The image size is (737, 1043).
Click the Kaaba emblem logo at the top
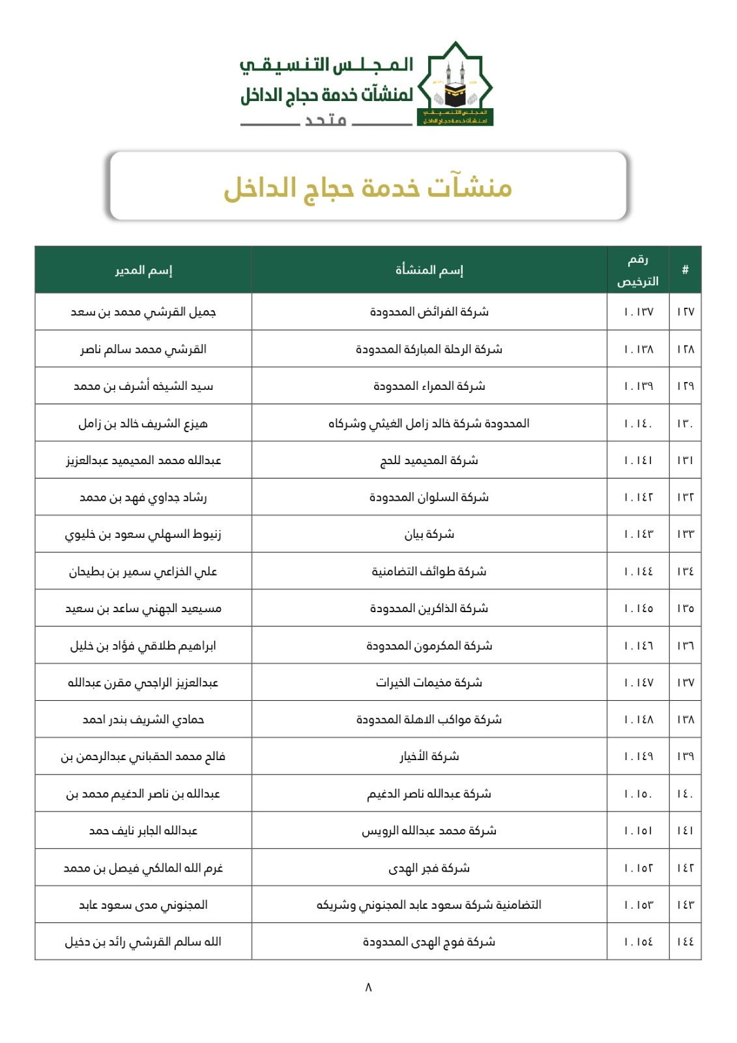coord(455,85)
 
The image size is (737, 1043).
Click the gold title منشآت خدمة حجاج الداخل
coord(368,188)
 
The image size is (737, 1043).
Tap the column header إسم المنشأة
coord(429,270)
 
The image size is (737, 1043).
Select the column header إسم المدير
coord(143,270)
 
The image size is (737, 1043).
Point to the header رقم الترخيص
coord(638,270)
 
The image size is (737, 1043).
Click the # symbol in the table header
coord(685,270)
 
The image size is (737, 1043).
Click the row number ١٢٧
coord(685,312)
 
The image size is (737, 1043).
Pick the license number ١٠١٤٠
coord(638,424)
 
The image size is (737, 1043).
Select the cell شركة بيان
coord(429,535)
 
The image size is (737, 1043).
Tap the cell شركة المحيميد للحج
coord(429,461)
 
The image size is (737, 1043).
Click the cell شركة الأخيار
coord(429,757)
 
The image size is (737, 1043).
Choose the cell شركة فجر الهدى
coord(429,868)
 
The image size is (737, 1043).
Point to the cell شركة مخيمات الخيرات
coord(429,683)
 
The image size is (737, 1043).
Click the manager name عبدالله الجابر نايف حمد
coord(143,831)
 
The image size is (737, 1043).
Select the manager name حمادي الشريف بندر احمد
coord(143,720)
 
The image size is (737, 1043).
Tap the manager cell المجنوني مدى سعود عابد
coord(143,905)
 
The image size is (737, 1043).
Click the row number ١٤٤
coord(685,942)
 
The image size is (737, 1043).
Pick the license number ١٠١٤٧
coord(638,683)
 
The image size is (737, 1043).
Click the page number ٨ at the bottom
coord(368,987)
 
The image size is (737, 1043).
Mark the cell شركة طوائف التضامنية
coord(429,572)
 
